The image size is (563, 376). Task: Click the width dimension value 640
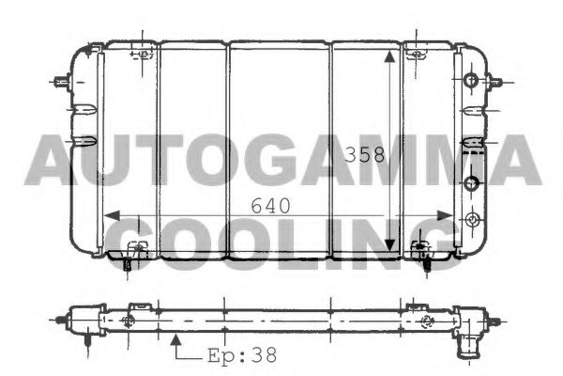pyautogui.click(x=269, y=204)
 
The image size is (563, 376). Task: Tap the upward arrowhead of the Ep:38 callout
pyautogui.click(x=176, y=339)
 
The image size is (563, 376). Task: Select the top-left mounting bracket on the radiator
pyautogui.click(x=143, y=54)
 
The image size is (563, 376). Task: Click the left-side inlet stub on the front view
pyautogui.click(x=65, y=82)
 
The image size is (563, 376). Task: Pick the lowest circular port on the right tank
pyautogui.click(x=472, y=221)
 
